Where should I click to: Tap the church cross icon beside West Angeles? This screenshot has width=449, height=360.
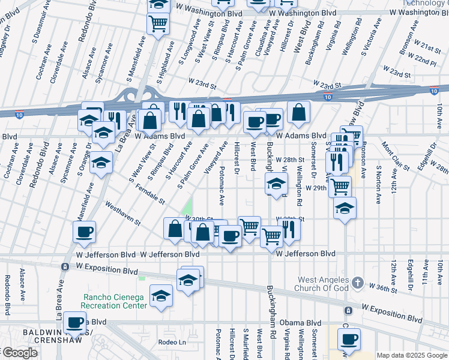coord(357,282)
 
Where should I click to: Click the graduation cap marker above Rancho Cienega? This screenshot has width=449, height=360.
coord(161,296)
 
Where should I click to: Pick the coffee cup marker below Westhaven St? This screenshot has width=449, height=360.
coord(84,232)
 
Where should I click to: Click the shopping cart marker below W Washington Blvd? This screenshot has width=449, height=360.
coord(158,24)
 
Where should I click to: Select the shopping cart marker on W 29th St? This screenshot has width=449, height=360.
coord(340,186)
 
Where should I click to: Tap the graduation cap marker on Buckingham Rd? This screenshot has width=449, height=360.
coord(276,184)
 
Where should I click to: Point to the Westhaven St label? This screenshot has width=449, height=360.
coord(122,213)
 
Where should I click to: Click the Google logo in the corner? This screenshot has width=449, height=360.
coord(19,353)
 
